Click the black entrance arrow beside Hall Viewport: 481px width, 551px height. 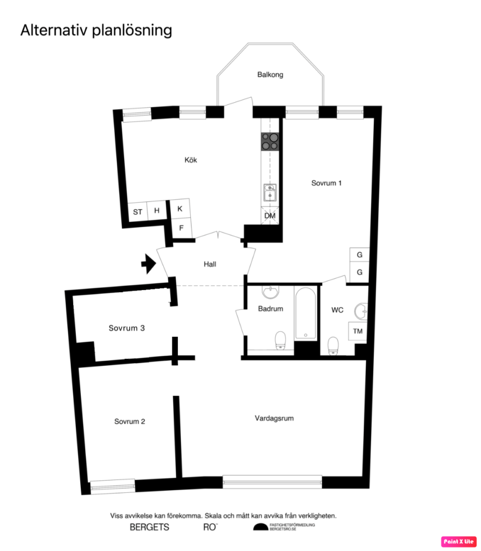coord(147,264)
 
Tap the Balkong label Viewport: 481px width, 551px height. coord(270,75)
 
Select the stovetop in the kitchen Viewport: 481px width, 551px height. coord(270,141)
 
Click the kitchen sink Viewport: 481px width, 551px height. coord(270,192)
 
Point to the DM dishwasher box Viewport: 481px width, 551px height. coord(270,216)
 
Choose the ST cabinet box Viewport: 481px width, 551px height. coord(138,211)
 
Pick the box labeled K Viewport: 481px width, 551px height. coord(180,208)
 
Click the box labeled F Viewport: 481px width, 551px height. coord(181,228)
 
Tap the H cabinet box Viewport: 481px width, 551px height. coord(157,210)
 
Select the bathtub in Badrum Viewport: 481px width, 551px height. coord(306,314)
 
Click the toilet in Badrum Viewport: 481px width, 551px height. coord(280,340)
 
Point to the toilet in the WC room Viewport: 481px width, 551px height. coord(333,345)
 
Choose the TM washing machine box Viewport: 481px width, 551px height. coord(358,331)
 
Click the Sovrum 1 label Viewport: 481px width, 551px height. coord(326,183)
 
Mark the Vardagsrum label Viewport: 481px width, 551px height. coord(274,418)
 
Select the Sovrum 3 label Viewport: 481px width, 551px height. coord(127,328)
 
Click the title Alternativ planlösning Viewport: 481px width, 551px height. coord(96,30)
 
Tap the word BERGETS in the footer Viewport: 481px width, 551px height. coord(149,527)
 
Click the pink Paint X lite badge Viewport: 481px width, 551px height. coord(459,541)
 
